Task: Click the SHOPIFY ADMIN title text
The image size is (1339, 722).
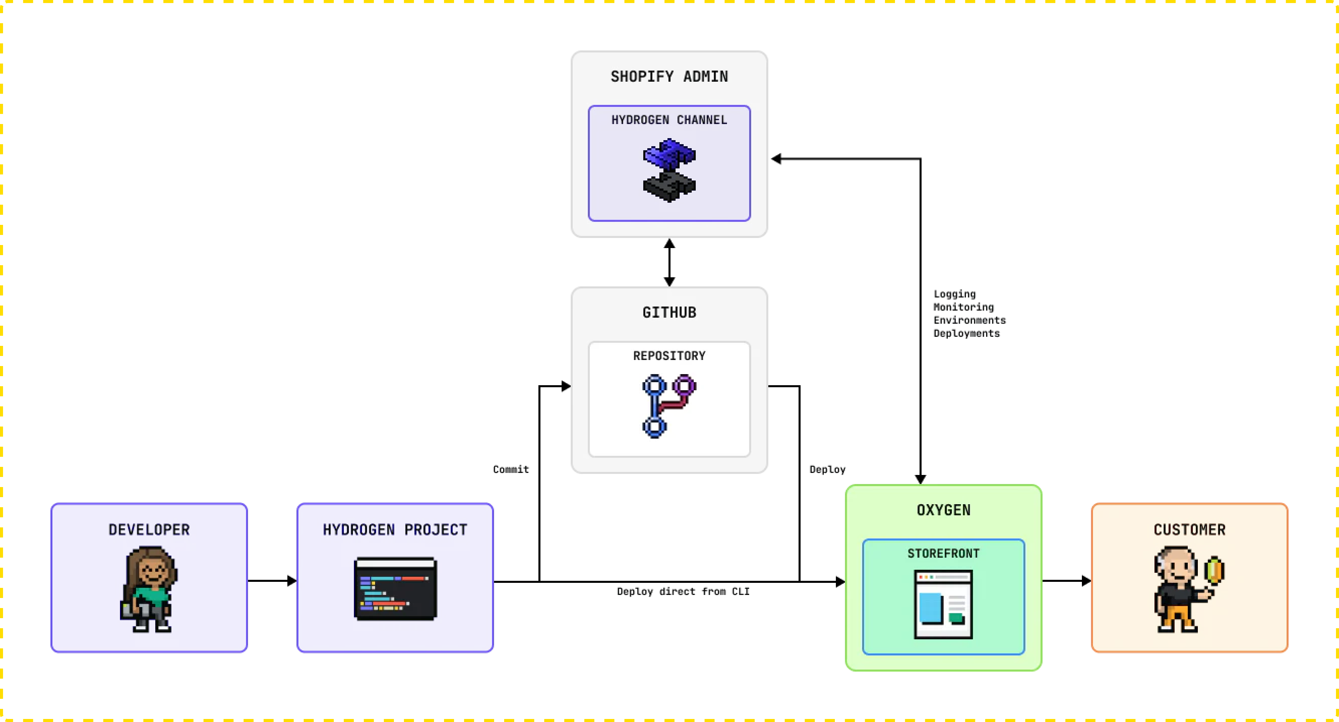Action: (x=669, y=76)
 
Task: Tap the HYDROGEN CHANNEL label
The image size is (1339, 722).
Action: (x=669, y=120)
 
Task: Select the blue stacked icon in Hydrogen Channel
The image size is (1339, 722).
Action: (x=669, y=170)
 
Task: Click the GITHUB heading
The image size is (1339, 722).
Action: (x=669, y=312)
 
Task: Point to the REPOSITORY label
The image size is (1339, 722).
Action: (x=669, y=356)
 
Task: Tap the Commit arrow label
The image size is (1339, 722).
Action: (x=511, y=469)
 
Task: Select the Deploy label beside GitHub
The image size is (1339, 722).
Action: (x=827, y=469)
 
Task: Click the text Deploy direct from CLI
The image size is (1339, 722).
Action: (x=683, y=592)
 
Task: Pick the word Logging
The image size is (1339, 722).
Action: (x=955, y=294)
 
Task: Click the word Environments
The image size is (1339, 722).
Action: (x=969, y=320)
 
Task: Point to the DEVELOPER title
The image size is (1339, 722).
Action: (x=149, y=530)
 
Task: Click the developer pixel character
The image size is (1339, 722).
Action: (x=149, y=589)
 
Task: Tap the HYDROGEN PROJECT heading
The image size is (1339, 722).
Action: (x=395, y=530)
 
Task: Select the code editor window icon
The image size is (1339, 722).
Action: (x=395, y=589)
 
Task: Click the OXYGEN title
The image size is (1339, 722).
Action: (x=943, y=510)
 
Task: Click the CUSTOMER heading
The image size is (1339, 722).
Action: (x=1189, y=530)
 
